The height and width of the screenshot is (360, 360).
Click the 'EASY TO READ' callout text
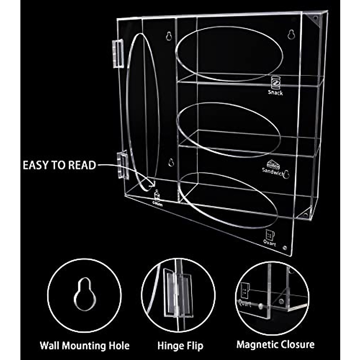pyautogui.click(x=59, y=165)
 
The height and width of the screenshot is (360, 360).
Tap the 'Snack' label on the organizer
pyautogui.click(x=275, y=93)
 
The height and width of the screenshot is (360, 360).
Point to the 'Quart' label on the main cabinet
pyautogui.click(x=269, y=243)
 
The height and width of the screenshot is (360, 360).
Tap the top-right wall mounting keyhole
pyautogui.click(x=291, y=34)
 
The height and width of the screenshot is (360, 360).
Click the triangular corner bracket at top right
pyautogui.click(x=315, y=19)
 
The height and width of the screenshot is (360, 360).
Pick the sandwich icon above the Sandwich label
pyautogui.click(x=273, y=164)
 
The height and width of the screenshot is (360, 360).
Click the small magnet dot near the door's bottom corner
pyautogui.click(x=285, y=248)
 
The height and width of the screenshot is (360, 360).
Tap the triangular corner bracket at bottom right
pyautogui.click(x=305, y=214)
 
